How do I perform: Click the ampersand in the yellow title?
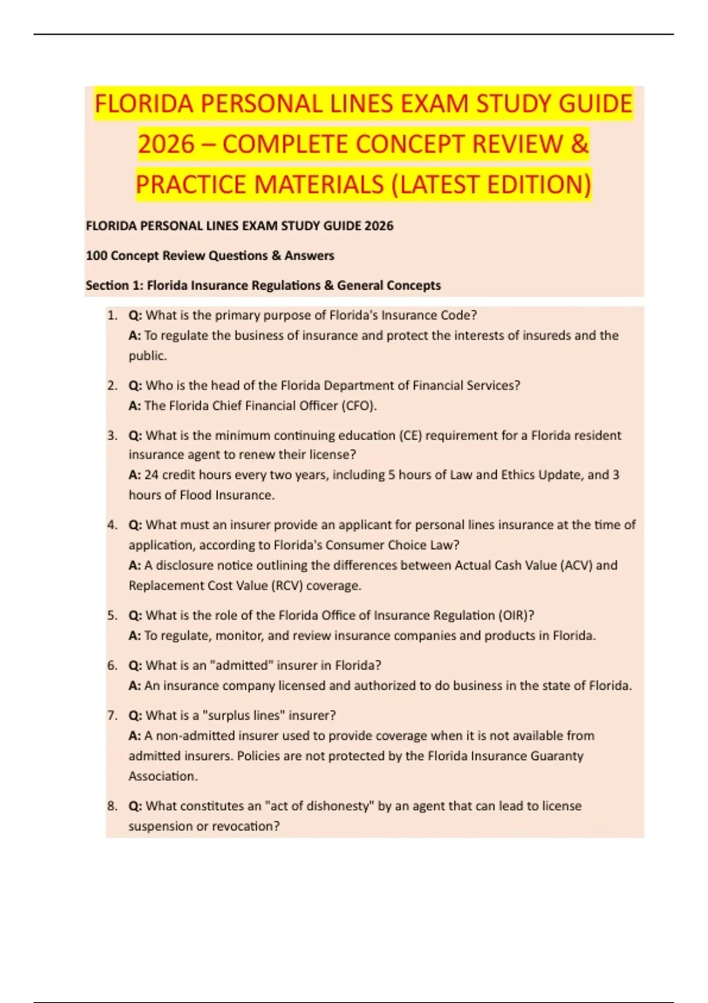579,144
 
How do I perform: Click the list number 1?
112,315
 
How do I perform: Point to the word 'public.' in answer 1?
147,356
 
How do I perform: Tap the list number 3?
112,435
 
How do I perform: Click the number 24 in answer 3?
151,475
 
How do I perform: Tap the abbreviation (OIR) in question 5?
516,615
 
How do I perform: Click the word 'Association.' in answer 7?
163,776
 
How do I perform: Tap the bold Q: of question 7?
135,716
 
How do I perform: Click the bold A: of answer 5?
135,636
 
